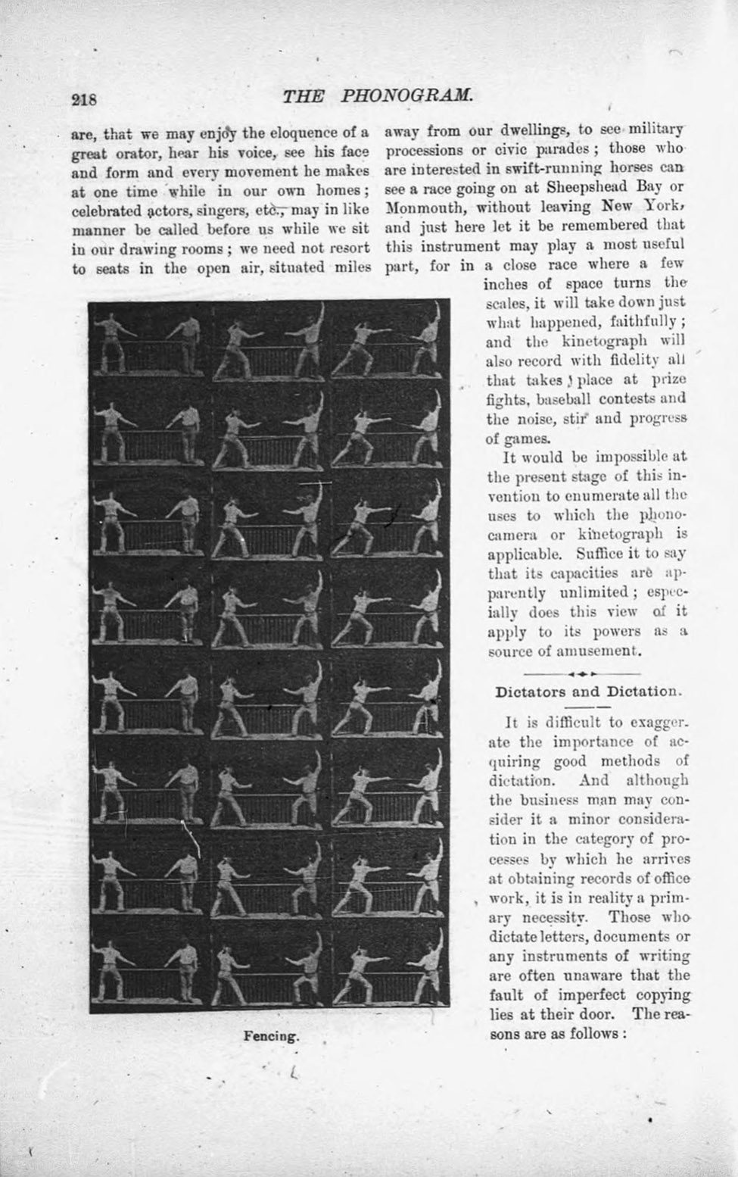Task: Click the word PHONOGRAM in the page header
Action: point(407,96)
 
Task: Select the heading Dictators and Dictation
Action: point(587,692)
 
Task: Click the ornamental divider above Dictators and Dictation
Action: point(582,673)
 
